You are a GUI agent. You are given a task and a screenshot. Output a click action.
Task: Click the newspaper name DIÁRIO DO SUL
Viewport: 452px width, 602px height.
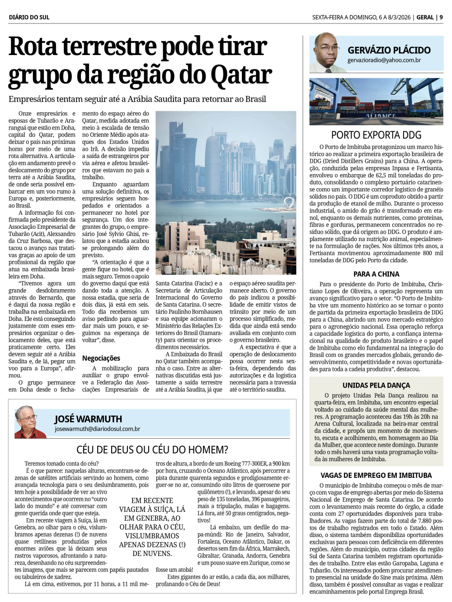pos(29,17)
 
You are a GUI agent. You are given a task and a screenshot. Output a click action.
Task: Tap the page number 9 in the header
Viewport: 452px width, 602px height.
pos(441,17)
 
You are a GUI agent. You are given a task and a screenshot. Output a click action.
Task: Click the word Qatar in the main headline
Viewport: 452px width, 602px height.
pos(242,75)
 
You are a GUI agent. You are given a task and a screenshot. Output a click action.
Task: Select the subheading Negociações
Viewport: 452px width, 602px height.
pos(101,358)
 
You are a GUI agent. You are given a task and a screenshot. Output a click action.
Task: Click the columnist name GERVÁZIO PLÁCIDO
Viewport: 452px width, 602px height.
pos(389,50)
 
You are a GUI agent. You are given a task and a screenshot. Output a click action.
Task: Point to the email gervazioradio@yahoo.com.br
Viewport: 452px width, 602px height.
pos(384,60)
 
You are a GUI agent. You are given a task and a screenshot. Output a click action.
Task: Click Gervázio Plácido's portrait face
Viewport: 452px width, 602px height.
pos(325,50)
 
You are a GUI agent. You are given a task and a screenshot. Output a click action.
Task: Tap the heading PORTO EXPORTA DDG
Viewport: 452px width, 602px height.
pos(376,135)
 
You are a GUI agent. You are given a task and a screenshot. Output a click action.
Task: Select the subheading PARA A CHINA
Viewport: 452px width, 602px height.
pos(376,274)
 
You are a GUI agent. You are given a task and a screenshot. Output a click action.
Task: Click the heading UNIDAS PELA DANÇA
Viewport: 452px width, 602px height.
pos(376,385)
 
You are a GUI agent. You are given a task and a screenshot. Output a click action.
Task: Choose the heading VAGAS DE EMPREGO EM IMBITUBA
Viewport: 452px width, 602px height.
pos(376,475)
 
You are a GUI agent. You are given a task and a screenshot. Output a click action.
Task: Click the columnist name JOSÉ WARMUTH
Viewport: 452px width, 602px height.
pos(88,419)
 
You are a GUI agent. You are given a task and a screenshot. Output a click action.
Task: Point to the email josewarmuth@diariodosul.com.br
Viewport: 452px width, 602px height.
pos(97,429)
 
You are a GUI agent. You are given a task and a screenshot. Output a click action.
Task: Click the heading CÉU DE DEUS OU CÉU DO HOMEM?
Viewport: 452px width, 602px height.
pos(152,449)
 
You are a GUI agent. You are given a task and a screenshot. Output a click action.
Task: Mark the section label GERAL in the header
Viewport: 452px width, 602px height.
pos(425,17)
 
